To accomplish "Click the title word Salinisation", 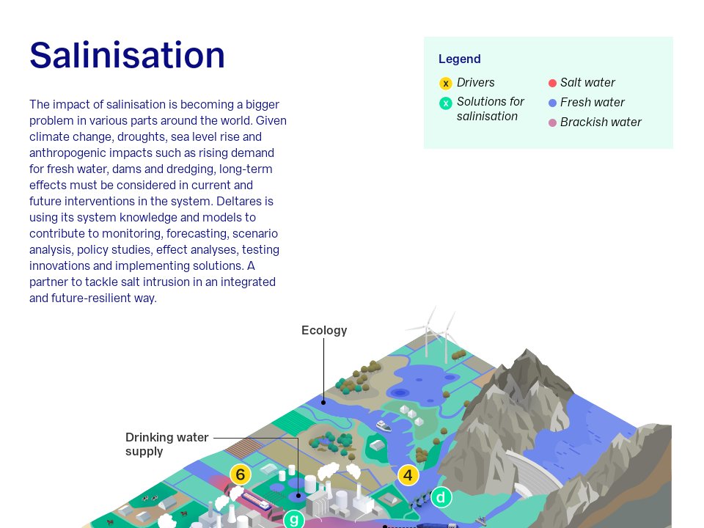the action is pyautogui.click(x=127, y=55).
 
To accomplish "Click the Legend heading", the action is pyautogui.click(x=459, y=59).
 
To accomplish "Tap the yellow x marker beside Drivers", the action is pyautogui.click(x=445, y=83).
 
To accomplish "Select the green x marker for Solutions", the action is pyautogui.click(x=445, y=103).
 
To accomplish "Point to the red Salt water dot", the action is pyautogui.click(x=552, y=83).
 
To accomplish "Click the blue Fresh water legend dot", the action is pyautogui.click(x=552, y=103).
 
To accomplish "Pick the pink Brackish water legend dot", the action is pyautogui.click(x=552, y=122).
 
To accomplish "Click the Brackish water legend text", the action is pyautogui.click(x=601, y=122).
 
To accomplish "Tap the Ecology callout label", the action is pyautogui.click(x=324, y=331).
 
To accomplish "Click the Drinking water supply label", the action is pyautogui.click(x=166, y=444).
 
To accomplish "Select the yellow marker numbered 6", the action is pyautogui.click(x=241, y=474).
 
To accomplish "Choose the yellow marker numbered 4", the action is pyautogui.click(x=408, y=475).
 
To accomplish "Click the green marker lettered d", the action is pyautogui.click(x=441, y=497).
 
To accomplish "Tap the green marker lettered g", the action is pyautogui.click(x=294, y=519).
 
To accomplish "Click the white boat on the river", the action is pyautogui.click(x=384, y=425).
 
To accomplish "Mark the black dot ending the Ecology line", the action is pyautogui.click(x=323, y=403).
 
